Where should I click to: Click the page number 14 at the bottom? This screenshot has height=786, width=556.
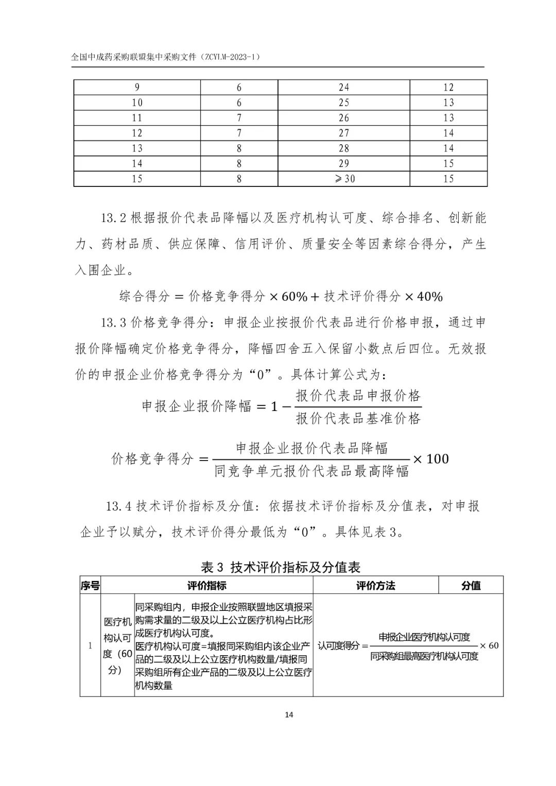point(288,714)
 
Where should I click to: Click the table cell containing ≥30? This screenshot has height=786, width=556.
point(343,179)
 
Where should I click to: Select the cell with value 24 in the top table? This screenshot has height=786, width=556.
point(343,88)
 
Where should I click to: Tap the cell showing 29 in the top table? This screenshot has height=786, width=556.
point(343,164)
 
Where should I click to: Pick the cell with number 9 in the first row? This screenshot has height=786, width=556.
point(137,88)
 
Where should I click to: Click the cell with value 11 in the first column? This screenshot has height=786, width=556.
point(137,118)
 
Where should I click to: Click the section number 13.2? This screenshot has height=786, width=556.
point(113,218)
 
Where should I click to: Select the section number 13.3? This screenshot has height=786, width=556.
point(113,323)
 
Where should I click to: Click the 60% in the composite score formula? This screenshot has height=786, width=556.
point(294,296)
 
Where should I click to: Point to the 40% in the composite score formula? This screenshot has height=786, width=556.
point(430,296)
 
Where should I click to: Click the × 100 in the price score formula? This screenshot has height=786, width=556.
point(431,459)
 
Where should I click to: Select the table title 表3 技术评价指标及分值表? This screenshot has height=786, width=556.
point(280,567)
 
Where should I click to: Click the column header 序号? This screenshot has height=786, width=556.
point(90,586)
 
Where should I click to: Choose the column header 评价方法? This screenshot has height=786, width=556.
point(375,586)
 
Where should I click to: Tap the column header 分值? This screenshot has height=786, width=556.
point(471,586)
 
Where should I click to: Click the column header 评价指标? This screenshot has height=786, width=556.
point(206,586)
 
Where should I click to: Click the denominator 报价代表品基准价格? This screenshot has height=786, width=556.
point(358,418)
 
